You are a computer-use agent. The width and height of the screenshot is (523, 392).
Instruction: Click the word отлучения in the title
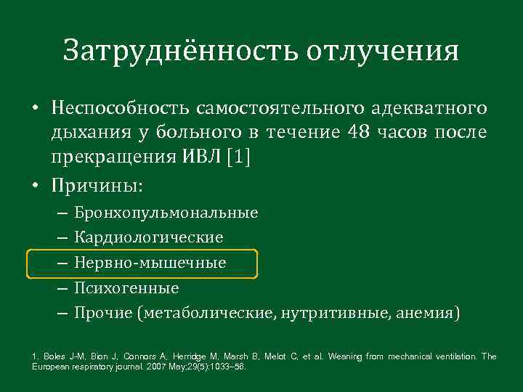[383, 52]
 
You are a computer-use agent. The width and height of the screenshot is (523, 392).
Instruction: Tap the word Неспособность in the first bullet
[118, 109]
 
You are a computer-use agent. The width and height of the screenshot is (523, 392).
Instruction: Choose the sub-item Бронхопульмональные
[166, 213]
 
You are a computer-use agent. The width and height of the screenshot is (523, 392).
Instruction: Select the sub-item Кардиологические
[148, 237]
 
